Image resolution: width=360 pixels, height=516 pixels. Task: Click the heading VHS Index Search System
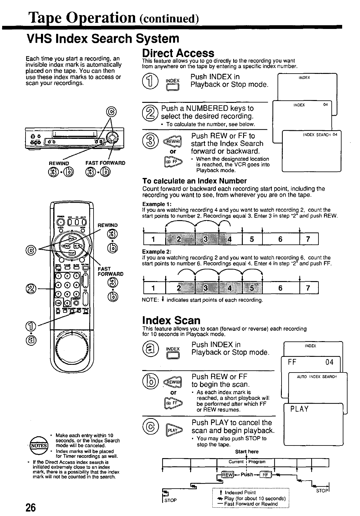103,39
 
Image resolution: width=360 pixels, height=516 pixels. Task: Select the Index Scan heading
171,320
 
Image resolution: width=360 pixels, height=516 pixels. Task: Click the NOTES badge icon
40,445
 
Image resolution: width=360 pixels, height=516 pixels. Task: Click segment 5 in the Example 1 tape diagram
252,239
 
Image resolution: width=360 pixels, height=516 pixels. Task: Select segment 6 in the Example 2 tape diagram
280,288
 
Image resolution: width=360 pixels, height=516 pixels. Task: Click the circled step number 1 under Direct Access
149,81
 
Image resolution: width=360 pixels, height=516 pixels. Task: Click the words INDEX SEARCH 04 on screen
320,135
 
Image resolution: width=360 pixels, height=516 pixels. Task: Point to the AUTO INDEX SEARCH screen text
317,377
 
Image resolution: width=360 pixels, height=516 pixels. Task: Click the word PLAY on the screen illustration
300,409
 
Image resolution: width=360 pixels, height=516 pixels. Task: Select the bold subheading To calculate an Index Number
194,181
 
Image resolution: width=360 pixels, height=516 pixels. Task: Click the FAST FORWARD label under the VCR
105,163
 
